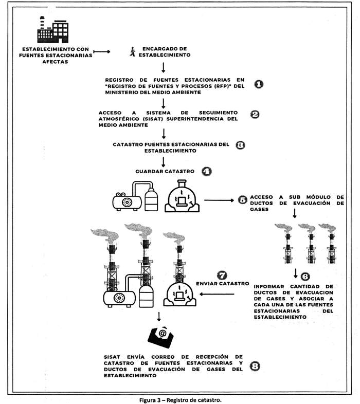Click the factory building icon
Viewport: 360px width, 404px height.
click(52, 29)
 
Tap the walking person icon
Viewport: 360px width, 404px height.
click(133, 51)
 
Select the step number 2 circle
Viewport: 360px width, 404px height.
click(254, 115)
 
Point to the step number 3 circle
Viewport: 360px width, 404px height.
click(240, 145)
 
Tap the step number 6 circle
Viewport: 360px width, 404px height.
click(304, 277)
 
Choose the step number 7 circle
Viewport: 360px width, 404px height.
click(222, 275)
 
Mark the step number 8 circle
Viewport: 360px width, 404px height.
click(254, 366)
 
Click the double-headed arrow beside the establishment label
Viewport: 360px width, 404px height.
click(102, 51)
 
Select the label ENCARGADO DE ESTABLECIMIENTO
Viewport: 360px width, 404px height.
click(159, 51)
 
